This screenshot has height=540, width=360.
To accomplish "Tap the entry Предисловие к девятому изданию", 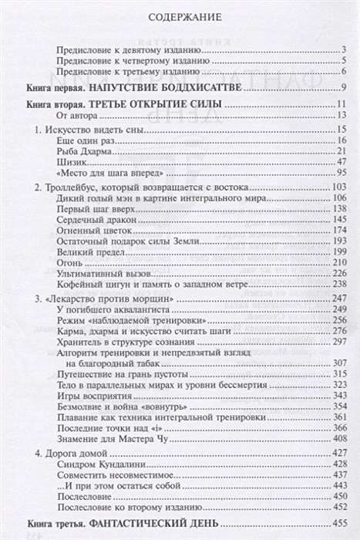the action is pyautogui.click(x=116, y=51).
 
